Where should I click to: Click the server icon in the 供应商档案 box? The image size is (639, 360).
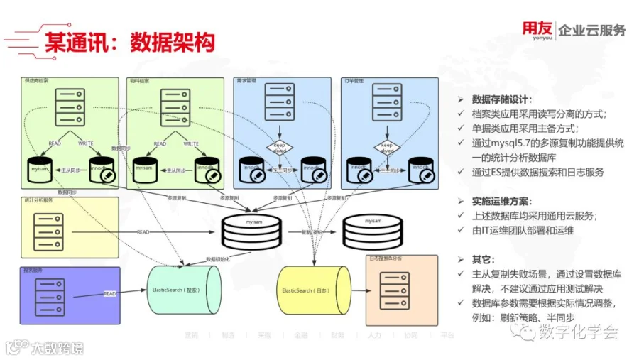(x=68, y=107)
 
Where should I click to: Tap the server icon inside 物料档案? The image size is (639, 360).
(x=175, y=107)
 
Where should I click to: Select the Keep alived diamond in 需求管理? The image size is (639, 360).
(x=280, y=148)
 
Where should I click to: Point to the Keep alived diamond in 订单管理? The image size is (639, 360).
(x=387, y=148)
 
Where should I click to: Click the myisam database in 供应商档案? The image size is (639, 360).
(x=39, y=170)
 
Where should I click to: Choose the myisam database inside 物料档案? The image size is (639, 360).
(x=146, y=170)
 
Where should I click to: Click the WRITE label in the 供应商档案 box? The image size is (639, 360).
(x=86, y=143)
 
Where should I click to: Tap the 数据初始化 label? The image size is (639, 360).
(x=218, y=260)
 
